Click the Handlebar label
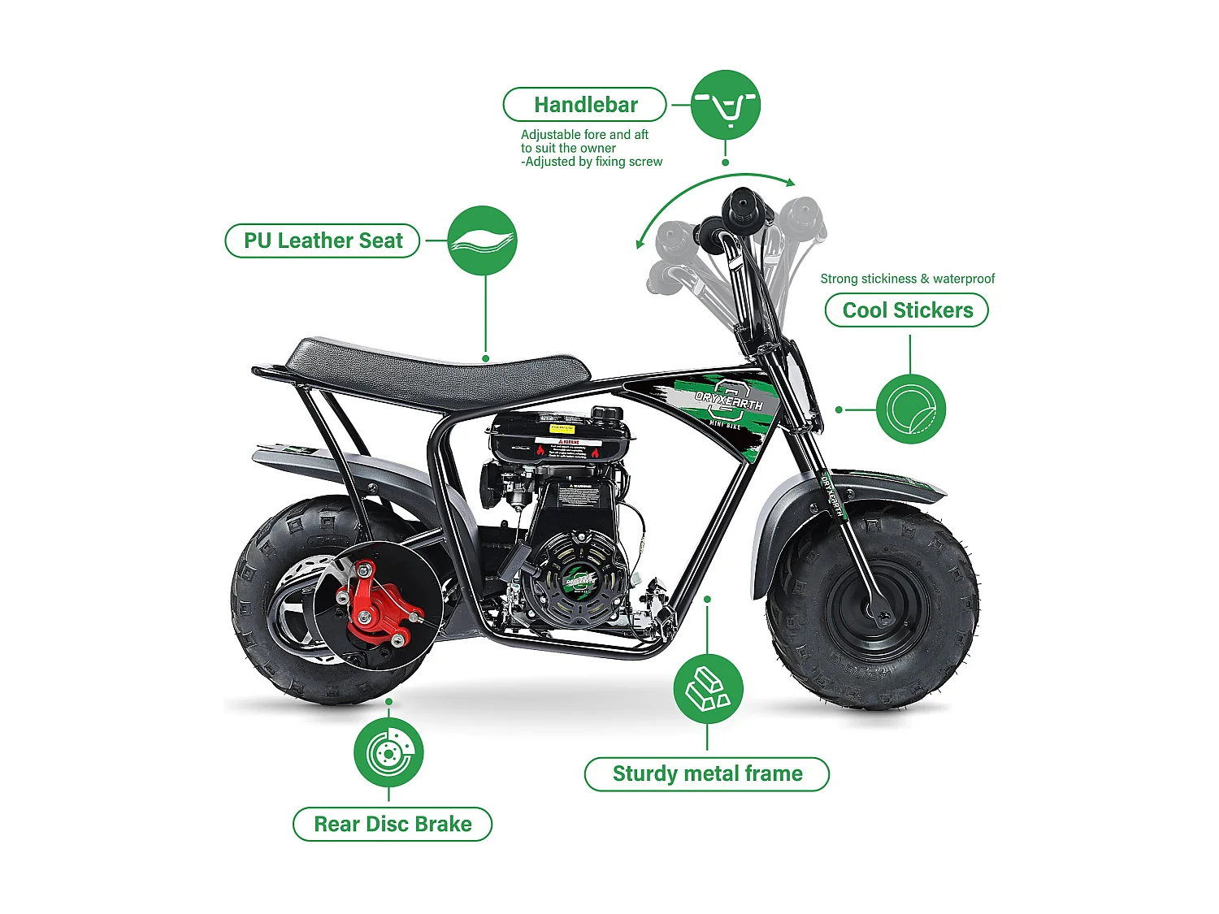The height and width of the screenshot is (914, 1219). [x=585, y=105]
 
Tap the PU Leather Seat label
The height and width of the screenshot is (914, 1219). [x=323, y=241]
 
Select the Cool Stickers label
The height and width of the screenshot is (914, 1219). [x=907, y=310]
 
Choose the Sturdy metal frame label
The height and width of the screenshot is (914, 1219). [x=707, y=773]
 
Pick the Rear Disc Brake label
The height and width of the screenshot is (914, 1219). [x=393, y=824]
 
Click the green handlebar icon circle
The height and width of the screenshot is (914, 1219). [x=726, y=105]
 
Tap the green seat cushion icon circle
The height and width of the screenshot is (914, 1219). [x=483, y=240]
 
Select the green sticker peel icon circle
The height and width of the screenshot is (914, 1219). [x=911, y=409]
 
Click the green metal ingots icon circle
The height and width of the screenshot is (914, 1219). [x=708, y=689]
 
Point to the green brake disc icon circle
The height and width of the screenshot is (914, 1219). [x=388, y=752]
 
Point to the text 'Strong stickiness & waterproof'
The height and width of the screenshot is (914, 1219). [x=907, y=279]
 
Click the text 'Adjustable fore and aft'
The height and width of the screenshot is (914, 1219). [x=584, y=135]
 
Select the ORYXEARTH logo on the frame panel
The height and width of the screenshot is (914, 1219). [x=728, y=400]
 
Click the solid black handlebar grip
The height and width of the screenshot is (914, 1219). [x=743, y=208]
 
